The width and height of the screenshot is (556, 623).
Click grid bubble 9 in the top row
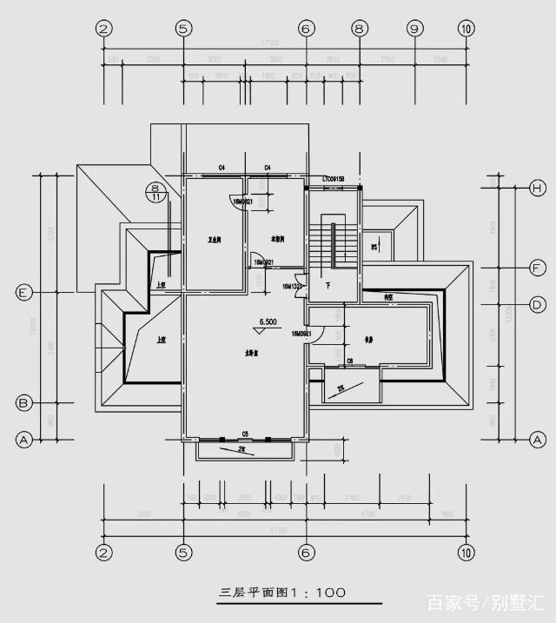(x=414, y=29)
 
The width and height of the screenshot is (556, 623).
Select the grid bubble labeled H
(x=538, y=189)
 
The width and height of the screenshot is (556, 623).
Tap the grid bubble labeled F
(x=538, y=268)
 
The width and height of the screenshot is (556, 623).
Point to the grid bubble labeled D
(x=538, y=305)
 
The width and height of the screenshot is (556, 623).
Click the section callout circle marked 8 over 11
(x=156, y=192)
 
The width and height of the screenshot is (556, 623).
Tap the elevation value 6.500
(x=267, y=321)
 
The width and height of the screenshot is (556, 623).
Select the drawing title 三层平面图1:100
(x=282, y=593)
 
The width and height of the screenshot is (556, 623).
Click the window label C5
(x=245, y=433)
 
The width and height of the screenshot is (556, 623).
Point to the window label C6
(x=350, y=361)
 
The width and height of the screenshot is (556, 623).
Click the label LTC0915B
(x=334, y=179)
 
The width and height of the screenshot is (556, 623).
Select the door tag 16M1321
(x=292, y=286)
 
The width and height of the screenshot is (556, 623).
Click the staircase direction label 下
(x=328, y=286)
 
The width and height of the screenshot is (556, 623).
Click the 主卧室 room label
(x=244, y=354)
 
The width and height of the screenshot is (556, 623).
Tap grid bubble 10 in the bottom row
(x=467, y=551)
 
